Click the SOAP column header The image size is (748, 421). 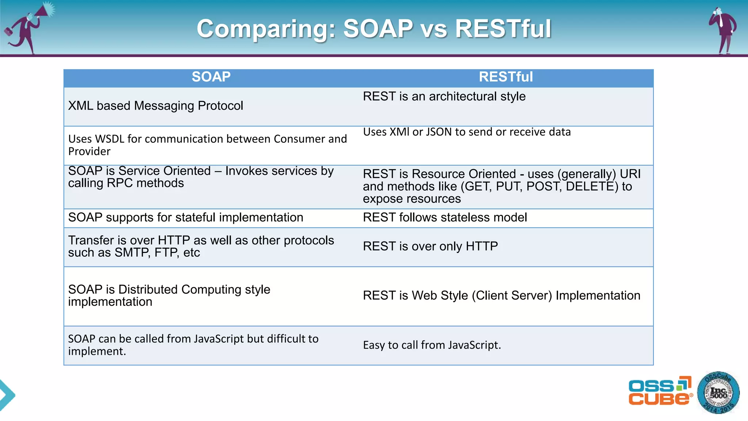tap(211, 77)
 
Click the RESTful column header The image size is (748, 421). tap(505, 77)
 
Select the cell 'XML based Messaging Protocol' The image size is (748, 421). tap(156, 106)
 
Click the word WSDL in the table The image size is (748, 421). tap(110, 139)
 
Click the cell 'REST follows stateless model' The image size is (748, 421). tap(444, 218)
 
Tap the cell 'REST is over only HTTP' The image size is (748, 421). tap(430, 247)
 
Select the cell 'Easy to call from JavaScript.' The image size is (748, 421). tap(432, 345)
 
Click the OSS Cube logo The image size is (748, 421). tap(660, 391)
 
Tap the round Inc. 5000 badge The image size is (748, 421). tap(718, 393)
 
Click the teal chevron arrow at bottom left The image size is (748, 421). tap(7, 395)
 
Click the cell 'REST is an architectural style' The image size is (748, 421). tap(444, 97)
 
